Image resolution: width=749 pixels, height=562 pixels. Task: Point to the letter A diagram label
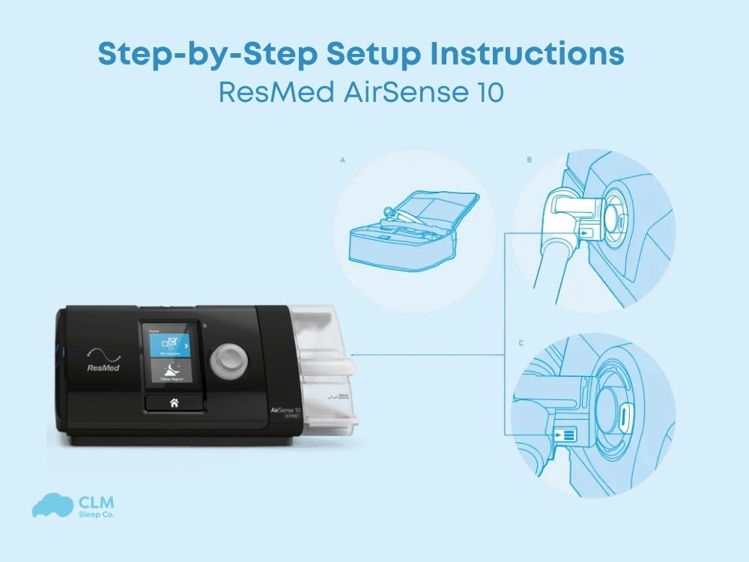(x=342, y=160)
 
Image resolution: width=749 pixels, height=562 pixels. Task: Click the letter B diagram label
(x=530, y=160)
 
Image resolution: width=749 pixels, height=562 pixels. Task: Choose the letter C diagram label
(x=521, y=343)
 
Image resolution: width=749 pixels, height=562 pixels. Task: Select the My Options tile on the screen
(x=170, y=345)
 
